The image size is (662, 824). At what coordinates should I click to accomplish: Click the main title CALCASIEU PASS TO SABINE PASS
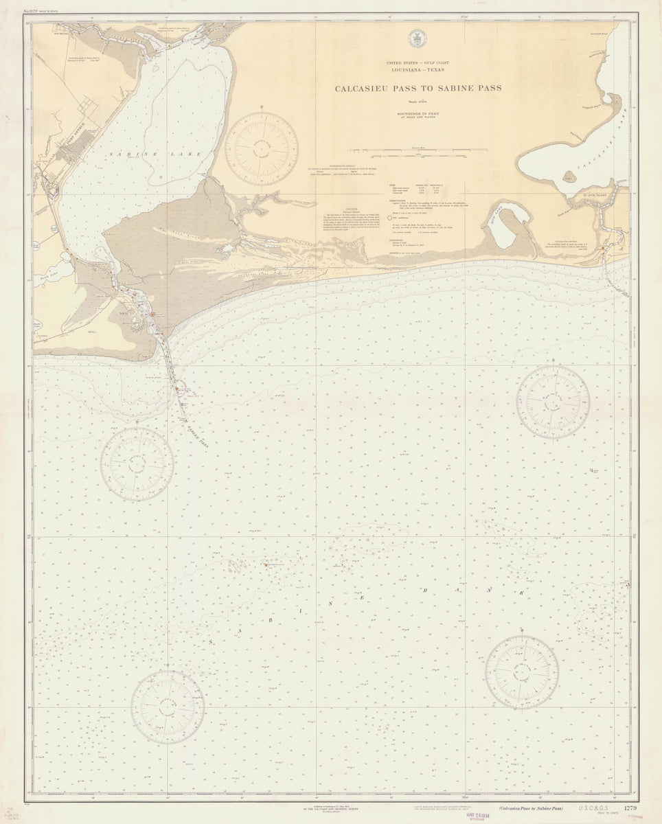point(418,88)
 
